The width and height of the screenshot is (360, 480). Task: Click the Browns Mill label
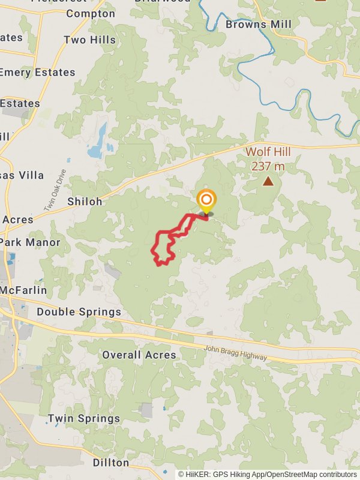click(259, 24)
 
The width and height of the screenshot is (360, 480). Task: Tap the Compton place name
click(91, 13)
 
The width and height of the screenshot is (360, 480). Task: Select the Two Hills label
click(89, 40)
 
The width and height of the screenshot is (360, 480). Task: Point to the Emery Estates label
click(37, 72)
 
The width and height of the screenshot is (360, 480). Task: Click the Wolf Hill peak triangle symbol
click(268, 181)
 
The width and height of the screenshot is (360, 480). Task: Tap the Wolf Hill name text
click(268, 152)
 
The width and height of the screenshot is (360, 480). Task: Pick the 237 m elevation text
click(268, 166)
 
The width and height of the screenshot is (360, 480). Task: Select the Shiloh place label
click(85, 202)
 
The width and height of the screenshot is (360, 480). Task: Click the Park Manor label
click(30, 242)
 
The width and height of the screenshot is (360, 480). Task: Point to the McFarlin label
click(23, 290)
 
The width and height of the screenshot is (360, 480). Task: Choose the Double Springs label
click(79, 312)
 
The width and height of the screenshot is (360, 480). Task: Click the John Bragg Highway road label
click(235, 353)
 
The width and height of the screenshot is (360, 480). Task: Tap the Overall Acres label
click(139, 355)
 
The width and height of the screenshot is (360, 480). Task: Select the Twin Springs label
click(84, 418)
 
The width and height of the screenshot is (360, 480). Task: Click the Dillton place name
click(111, 463)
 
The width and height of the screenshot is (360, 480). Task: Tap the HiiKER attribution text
click(267, 474)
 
